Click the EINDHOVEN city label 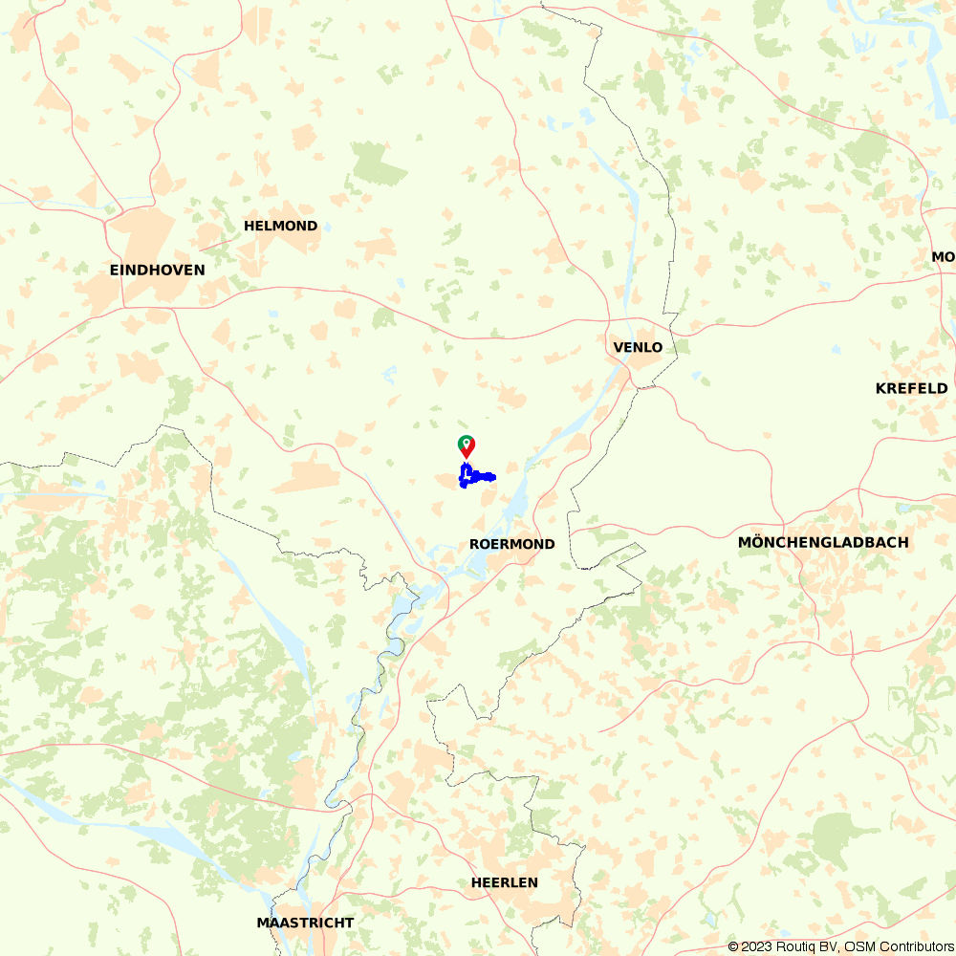157,271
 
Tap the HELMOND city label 280,227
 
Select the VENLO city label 638,347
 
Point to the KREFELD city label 911,388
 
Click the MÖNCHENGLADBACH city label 823,543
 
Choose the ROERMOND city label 511,544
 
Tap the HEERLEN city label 504,882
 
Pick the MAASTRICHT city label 305,923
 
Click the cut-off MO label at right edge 943,257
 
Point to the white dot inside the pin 466,443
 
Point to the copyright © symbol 733,946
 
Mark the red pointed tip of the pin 466,457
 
